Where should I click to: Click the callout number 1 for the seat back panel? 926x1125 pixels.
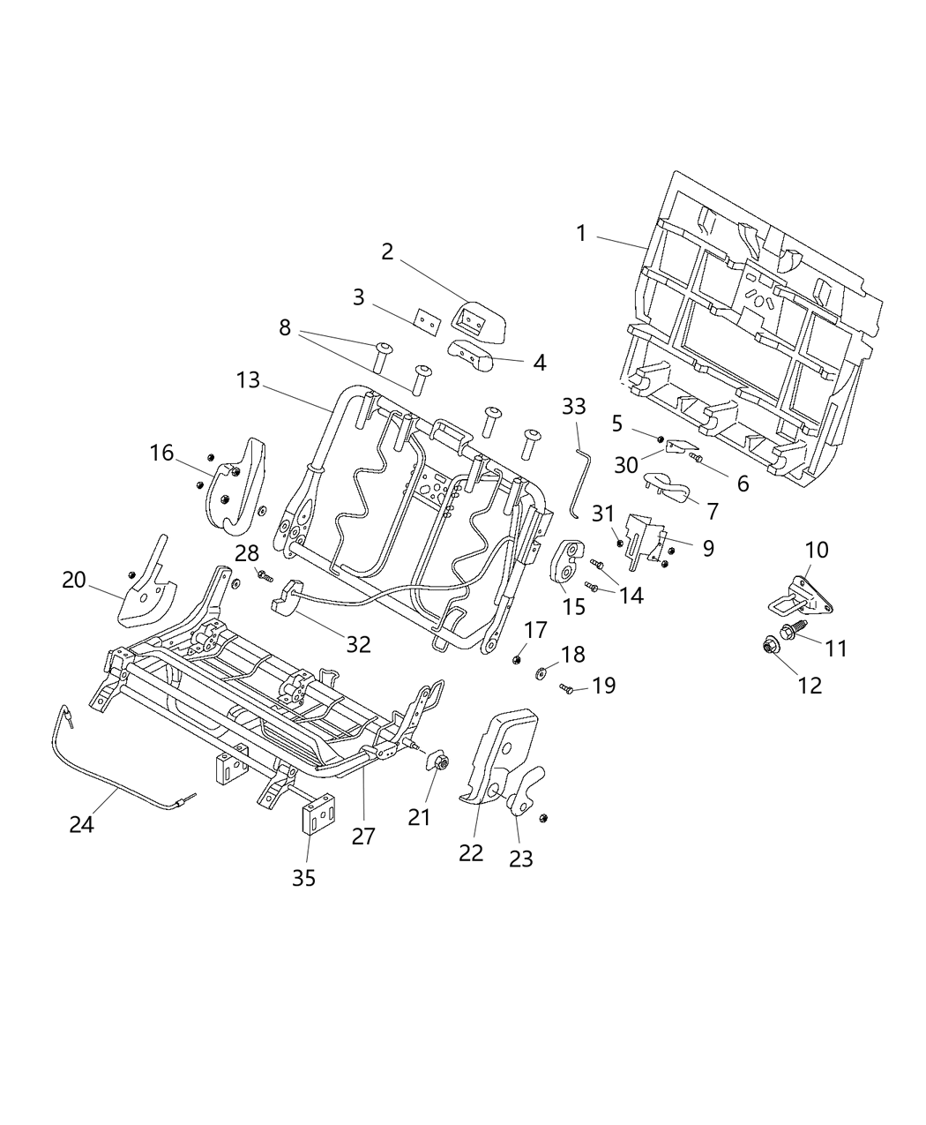(x=581, y=234)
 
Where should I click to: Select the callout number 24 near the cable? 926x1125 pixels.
(x=82, y=824)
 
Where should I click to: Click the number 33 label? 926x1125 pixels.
(x=573, y=406)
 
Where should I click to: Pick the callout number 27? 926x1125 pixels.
(x=363, y=836)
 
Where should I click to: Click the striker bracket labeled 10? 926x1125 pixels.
(x=802, y=597)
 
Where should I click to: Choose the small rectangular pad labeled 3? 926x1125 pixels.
(x=427, y=323)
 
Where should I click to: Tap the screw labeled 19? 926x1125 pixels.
(x=568, y=689)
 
